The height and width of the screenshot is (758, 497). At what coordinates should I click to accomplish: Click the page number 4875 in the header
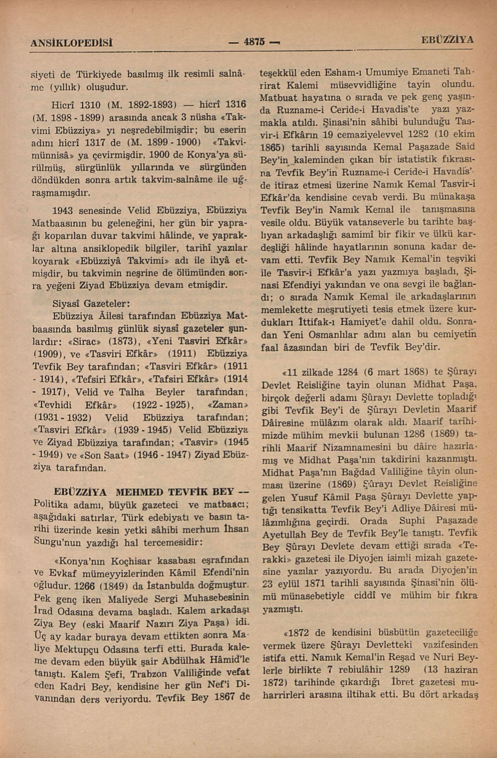[254, 42]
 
